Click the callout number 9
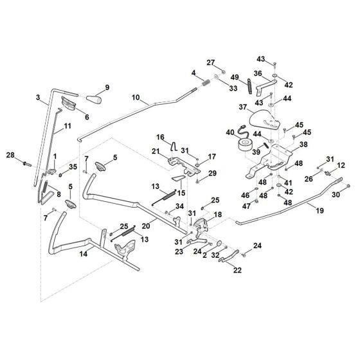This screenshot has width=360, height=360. tap(107, 87)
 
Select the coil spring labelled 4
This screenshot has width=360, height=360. tap(205, 82)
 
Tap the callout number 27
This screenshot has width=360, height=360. tap(210, 62)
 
